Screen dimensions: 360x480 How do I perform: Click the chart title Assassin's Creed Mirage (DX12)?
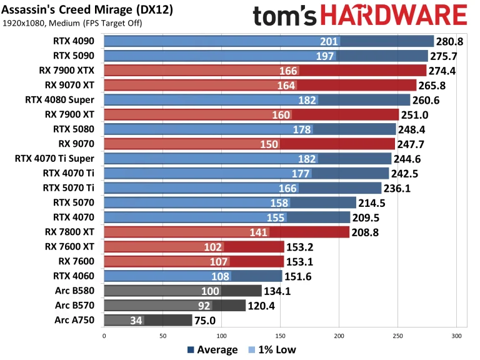pos(87,11)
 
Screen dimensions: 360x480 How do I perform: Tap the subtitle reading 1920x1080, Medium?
pos(72,24)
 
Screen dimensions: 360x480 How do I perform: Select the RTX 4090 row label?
pos(74,42)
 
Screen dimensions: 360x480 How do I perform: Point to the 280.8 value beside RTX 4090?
pos(451,42)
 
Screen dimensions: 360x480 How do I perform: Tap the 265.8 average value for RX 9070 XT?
pos(433,86)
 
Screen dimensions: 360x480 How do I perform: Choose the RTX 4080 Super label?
pos(60,100)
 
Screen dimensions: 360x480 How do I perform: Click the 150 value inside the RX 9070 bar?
pos(270,144)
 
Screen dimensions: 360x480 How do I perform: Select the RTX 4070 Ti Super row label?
pos(54,158)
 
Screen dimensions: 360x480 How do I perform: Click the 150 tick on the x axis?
pos(280,336)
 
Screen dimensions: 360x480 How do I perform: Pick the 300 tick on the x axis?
pos(456,336)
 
